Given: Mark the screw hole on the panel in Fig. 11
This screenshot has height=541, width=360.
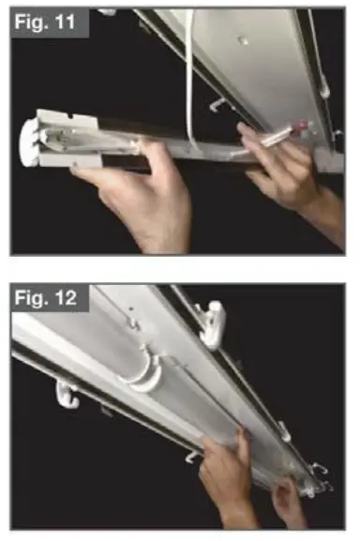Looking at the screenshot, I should [243, 40].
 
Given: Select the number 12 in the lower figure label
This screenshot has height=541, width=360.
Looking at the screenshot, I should [70, 300].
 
